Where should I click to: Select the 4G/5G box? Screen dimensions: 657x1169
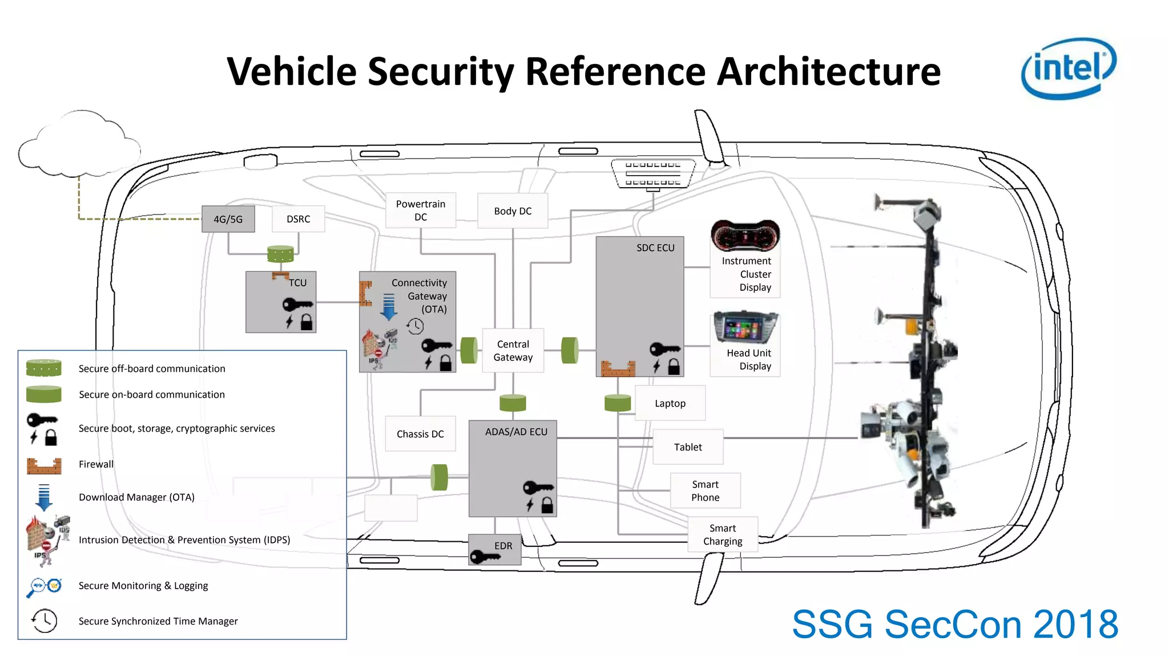click(228, 219)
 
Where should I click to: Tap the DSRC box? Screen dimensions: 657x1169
click(299, 219)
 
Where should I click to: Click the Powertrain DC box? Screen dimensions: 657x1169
click(421, 210)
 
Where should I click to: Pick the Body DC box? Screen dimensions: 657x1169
click(513, 211)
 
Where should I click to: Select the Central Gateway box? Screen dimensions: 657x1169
click(513, 351)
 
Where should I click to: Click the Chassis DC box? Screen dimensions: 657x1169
click(420, 434)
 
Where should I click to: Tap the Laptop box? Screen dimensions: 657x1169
click(670, 403)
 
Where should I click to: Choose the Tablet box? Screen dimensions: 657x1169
click(688, 447)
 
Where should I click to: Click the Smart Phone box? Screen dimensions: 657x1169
click(706, 490)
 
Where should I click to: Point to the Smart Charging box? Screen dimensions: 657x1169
click(723, 534)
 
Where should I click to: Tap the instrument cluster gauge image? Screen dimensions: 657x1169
click(745, 236)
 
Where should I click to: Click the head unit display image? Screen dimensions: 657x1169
click(745, 327)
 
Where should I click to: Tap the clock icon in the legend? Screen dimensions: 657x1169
click(45, 620)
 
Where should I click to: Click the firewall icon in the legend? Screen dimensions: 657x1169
click(44, 465)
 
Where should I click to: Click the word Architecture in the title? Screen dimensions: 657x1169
click(828, 72)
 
